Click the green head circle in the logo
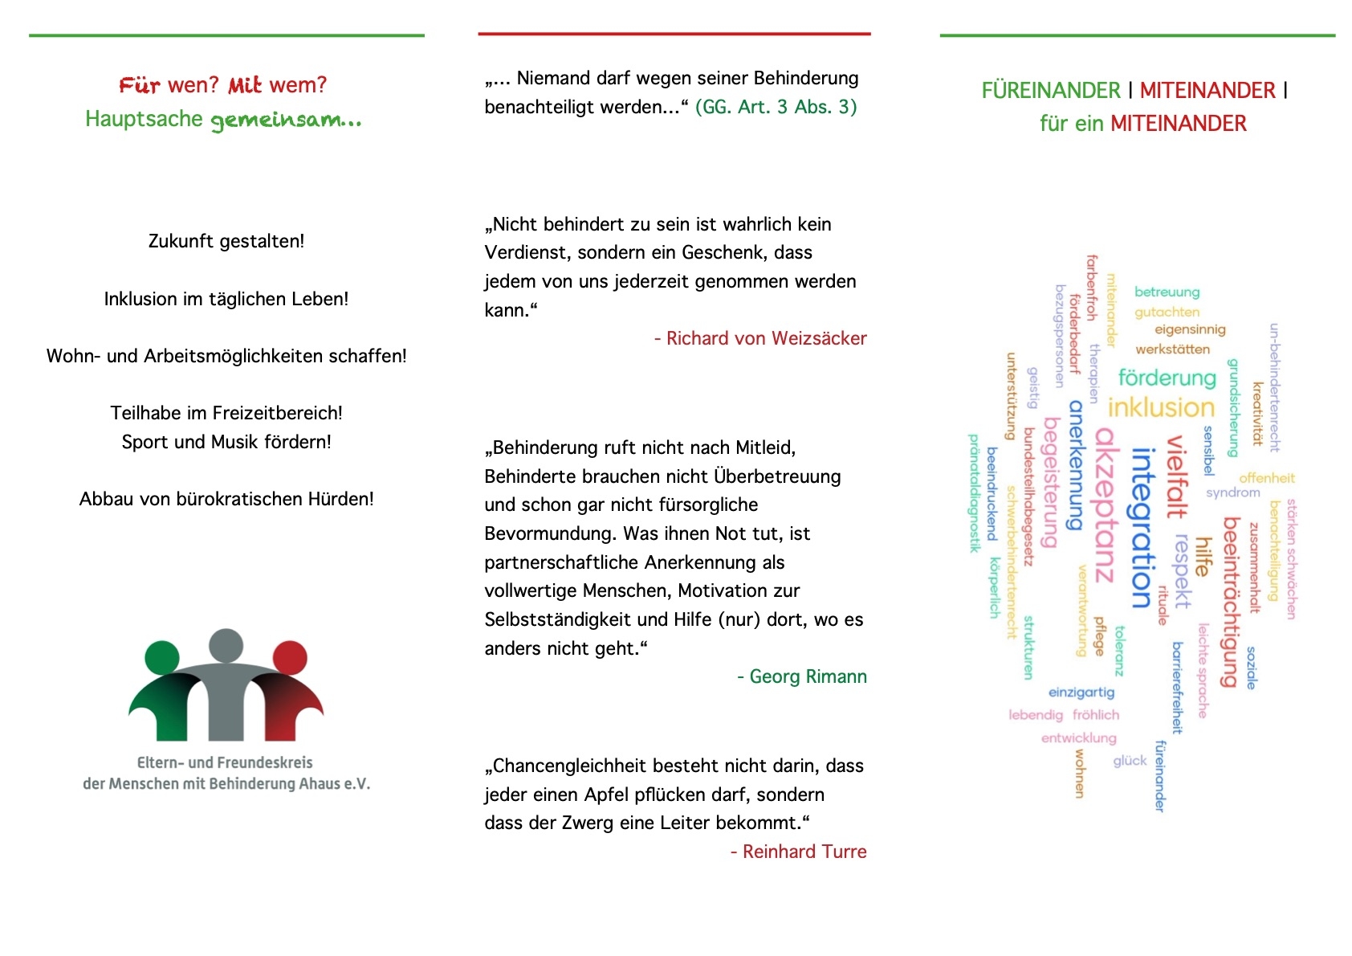162,657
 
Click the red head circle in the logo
290,657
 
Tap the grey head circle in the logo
226,646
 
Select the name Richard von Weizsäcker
767,338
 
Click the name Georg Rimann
808,676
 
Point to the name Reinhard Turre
804,852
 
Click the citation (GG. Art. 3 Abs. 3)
776,107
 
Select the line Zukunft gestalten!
226,241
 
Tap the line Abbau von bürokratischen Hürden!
226,499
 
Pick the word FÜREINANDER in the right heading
1051,91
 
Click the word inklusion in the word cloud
1161,407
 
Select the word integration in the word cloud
1142,528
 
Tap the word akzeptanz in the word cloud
1108,505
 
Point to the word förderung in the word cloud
1167,378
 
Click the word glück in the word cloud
1130,761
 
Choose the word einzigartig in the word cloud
1081,692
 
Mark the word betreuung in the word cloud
1167,292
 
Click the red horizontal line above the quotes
674,34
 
